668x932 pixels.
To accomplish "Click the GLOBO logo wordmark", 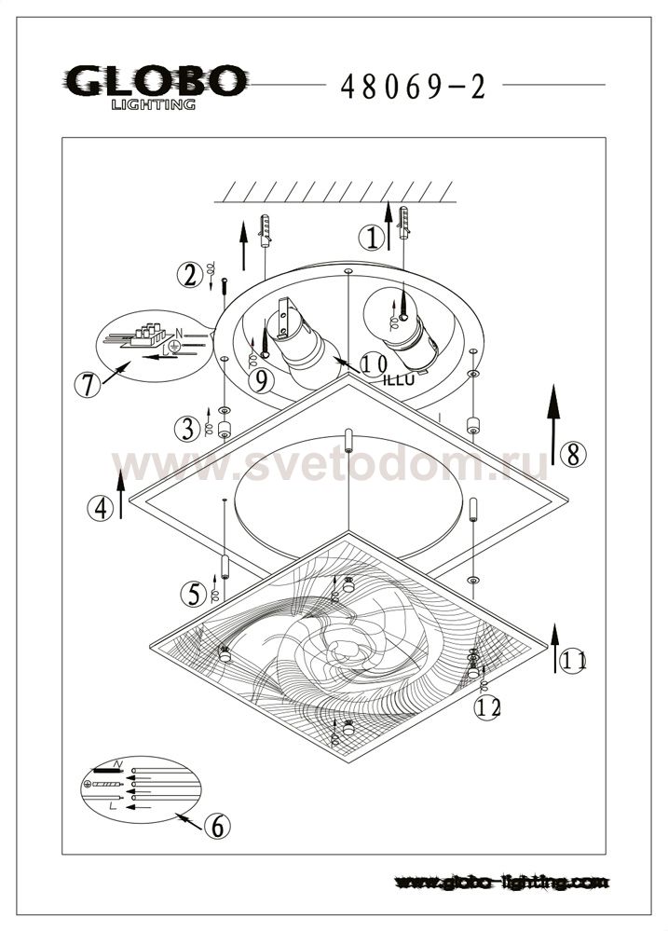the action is tap(156, 81).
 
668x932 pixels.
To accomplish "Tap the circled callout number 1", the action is tap(372, 239).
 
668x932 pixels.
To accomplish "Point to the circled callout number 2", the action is tap(189, 275).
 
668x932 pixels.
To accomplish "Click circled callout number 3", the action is tap(187, 429).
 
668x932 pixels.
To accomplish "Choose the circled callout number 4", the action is tap(101, 509).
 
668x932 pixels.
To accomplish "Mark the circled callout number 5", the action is tap(194, 593).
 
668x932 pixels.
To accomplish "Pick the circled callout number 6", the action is tap(217, 826).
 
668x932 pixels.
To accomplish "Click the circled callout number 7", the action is tap(87, 386).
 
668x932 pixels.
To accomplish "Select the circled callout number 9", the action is tap(261, 380).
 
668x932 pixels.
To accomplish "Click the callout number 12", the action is tap(487, 707).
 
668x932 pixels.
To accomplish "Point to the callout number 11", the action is tap(573, 661).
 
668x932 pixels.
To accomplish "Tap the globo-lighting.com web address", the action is tap(502, 882).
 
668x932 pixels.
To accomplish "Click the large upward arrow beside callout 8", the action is tap(554, 424).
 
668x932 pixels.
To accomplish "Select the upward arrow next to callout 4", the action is tap(120, 494).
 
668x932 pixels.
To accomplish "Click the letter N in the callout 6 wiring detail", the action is tap(117, 764).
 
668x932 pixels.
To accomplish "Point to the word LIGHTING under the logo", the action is tap(154, 104).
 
